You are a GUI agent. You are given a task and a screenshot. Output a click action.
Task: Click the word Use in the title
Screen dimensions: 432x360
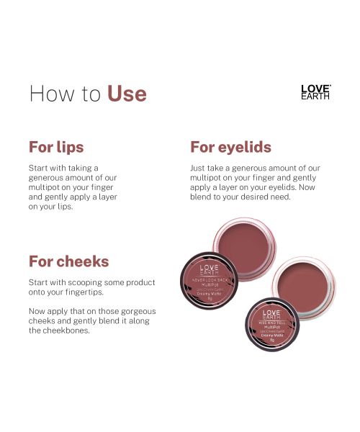127,94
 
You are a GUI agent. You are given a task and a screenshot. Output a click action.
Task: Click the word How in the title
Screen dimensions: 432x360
49,94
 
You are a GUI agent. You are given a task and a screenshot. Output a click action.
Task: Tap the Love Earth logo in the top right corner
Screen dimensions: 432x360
315,91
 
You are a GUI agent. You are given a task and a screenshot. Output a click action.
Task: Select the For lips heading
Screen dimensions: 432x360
56,147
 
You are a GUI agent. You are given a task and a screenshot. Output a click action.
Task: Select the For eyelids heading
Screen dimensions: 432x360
230,147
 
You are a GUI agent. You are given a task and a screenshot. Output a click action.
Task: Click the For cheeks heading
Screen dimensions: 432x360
68,261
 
